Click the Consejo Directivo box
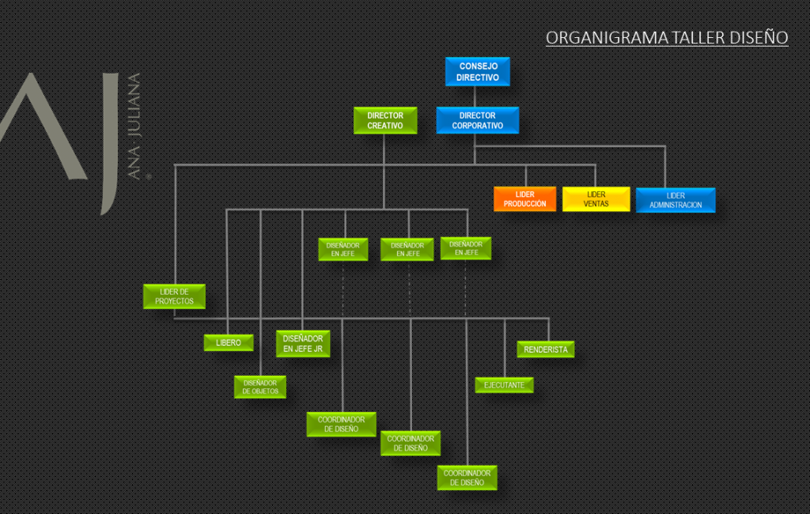(478, 72)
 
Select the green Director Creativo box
(385, 120)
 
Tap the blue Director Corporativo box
(477, 120)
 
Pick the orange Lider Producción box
(524, 199)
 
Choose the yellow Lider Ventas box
(596, 199)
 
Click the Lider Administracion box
(675, 200)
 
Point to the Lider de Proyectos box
(174, 297)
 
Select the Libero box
(229, 342)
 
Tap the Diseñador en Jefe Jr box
(303, 343)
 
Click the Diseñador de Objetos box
(259, 387)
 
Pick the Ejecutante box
(504, 385)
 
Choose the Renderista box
(546, 349)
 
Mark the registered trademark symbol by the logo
(148, 176)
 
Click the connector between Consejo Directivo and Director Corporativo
(475, 96)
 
